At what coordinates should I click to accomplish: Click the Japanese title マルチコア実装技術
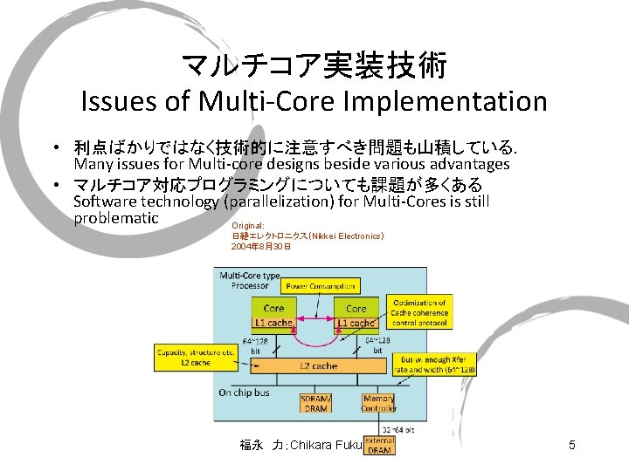click(x=314, y=64)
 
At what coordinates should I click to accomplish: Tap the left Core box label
click(x=273, y=308)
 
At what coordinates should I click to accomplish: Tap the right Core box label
click(x=356, y=308)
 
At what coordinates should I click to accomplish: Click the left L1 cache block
click(x=273, y=323)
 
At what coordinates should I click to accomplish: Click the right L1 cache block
click(x=356, y=323)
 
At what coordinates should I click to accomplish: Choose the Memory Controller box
click(x=378, y=404)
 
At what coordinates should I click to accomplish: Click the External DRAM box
click(x=379, y=446)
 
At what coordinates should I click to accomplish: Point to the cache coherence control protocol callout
click(x=418, y=312)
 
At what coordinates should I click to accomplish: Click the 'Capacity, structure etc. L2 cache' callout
click(x=183, y=357)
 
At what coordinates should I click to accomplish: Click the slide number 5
click(x=571, y=446)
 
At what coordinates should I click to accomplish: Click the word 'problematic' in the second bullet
click(x=116, y=218)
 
